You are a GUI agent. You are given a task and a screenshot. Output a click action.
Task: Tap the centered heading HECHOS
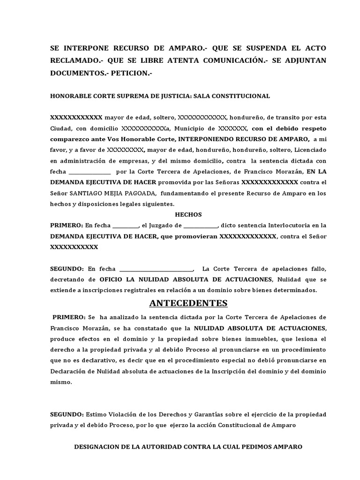(188, 215)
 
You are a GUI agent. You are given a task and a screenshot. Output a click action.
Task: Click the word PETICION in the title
(131, 74)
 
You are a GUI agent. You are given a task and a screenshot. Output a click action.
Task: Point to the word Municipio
(188, 128)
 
